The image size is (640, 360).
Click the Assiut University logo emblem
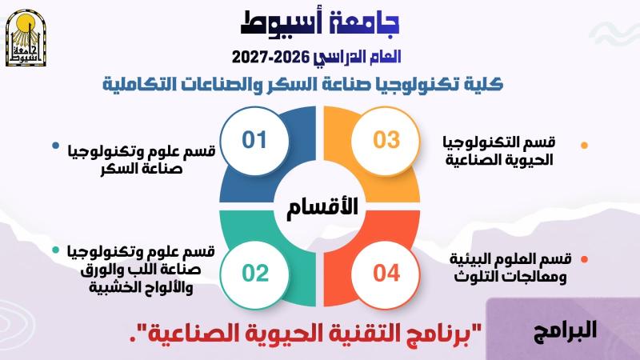coord(26,38)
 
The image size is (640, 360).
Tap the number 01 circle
coord(254,141)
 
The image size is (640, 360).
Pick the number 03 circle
coord(386,141)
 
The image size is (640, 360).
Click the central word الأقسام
coord(322,206)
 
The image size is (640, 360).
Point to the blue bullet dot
coord(56,146)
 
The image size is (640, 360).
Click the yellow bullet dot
coord(584,146)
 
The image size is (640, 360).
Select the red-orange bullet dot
coord(584,259)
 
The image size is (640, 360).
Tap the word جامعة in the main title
coord(359,23)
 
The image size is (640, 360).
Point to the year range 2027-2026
coord(271,57)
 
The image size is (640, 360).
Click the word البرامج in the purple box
coord(566,330)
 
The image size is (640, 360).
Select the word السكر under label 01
coord(122,169)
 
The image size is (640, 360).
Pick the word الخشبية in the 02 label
coord(110,287)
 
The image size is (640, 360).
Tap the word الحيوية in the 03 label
coord(531,160)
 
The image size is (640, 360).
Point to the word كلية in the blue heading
coord(487,84)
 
